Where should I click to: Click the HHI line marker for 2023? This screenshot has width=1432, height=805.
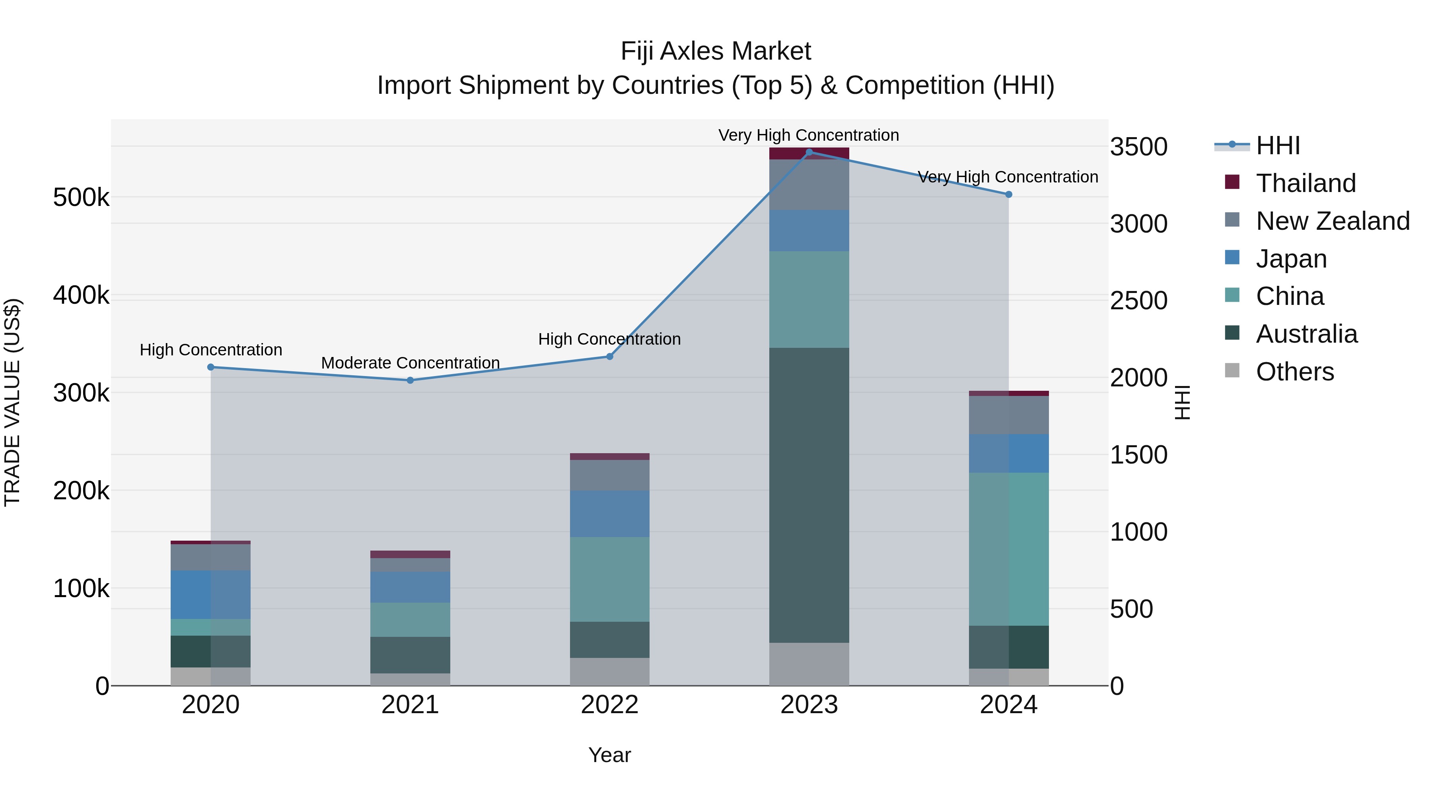tap(809, 152)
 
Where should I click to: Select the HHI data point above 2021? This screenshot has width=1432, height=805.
tap(410, 380)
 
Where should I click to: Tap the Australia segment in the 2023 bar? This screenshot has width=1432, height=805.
tap(809, 495)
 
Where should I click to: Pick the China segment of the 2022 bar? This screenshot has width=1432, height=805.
tap(609, 579)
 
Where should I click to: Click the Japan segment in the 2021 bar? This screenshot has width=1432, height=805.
tap(410, 587)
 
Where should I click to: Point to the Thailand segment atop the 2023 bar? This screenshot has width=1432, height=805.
tap(809, 154)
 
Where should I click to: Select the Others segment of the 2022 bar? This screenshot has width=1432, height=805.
tap(609, 672)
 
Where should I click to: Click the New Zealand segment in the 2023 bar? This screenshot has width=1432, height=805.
tap(809, 185)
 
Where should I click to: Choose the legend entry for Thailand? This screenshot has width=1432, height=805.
tap(1305, 183)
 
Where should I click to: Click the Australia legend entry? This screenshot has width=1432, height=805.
tap(1306, 334)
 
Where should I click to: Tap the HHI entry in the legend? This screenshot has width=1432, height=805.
tap(1277, 145)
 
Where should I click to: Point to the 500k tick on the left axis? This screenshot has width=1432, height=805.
tap(81, 197)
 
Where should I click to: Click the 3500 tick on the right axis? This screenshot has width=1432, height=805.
tap(1138, 147)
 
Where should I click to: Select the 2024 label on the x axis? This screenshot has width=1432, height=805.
tap(1008, 705)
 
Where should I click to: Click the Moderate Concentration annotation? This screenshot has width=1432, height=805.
tap(410, 363)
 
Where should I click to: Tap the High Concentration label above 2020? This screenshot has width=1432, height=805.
tap(211, 350)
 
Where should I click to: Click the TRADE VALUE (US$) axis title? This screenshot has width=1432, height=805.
tap(13, 402)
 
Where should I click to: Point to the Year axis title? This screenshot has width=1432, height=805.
tap(609, 755)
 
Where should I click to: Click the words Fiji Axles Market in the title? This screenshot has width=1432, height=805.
tap(716, 51)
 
